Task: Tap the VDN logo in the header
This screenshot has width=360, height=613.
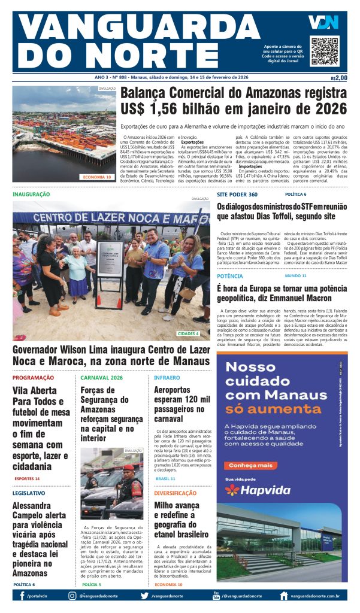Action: [323, 23]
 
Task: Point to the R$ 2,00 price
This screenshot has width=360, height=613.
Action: [338, 78]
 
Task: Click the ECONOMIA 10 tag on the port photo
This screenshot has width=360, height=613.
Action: [97, 177]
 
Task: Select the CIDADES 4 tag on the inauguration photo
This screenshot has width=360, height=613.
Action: [189, 333]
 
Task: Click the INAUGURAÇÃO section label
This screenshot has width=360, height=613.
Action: [31, 195]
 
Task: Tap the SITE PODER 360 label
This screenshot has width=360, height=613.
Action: [237, 195]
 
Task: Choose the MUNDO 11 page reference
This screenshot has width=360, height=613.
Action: [295, 276]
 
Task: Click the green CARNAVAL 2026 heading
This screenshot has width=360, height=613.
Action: [102, 378]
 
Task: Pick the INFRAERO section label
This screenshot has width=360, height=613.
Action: [167, 378]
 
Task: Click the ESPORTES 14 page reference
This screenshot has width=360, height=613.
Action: [28, 479]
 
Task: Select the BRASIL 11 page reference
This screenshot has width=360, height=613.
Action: [165, 479]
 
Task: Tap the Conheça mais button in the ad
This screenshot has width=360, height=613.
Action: [247, 465]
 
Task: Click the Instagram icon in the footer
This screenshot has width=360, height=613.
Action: [72, 596]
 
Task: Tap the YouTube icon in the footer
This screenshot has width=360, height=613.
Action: [216, 595]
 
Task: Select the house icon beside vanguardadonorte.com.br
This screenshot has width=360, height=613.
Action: [284, 596]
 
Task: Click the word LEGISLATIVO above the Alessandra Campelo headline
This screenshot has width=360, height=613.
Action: [29, 493]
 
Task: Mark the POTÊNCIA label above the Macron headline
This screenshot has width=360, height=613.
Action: [230, 276]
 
